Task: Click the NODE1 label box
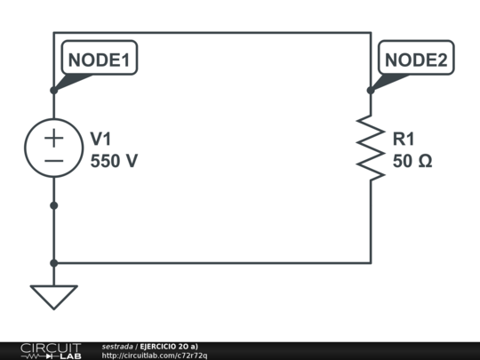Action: click(100, 60)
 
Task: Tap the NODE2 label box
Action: click(418, 60)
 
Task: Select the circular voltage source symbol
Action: click(54, 148)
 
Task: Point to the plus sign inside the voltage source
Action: click(54, 137)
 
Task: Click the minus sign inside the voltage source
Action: click(54, 161)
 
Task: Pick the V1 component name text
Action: click(101, 139)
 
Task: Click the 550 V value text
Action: click(115, 162)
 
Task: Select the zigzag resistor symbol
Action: click(371, 148)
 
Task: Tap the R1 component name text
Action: click(404, 139)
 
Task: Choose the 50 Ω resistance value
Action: click(413, 162)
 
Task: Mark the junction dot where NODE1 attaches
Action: click(54, 90)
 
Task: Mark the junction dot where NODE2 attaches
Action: click(371, 90)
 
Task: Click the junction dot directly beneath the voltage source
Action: click(54, 205)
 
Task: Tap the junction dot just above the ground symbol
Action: click(54, 263)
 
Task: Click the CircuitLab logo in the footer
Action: click(51, 350)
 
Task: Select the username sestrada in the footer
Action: click(117, 346)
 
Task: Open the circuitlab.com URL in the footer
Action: click(155, 356)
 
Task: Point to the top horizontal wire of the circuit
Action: click(213, 33)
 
